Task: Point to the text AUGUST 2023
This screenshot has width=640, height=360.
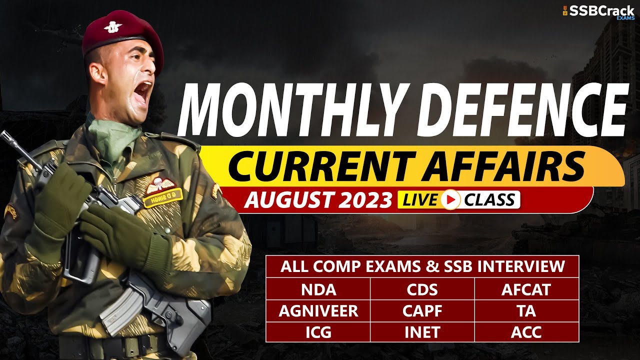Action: (318, 200)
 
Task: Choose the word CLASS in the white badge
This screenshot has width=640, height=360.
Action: (488, 200)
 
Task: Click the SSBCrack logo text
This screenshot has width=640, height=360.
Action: (602, 11)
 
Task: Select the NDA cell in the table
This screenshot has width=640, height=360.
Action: (318, 289)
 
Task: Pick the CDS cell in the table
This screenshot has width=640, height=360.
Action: (422, 289)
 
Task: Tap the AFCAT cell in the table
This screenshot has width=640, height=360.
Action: (526, 289)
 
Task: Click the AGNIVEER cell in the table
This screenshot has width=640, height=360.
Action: (318, 311)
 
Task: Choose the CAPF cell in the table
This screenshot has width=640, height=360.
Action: (422, 311)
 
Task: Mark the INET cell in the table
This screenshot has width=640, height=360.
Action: (422, 332)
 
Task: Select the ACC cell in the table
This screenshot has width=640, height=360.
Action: (526, 332)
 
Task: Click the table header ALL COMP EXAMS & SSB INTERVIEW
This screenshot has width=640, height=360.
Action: (422, 266)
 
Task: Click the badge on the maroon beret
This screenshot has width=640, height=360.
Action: (113, 27)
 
